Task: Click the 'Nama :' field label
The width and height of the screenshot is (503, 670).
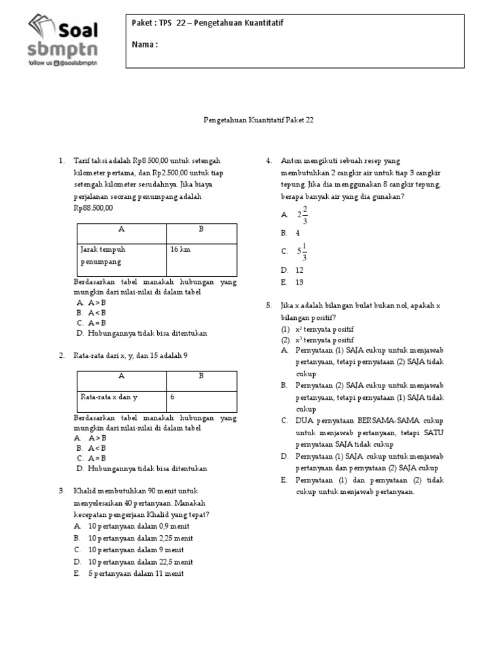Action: pos(145,44)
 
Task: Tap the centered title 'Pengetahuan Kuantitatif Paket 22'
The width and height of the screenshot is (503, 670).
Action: pos(251,120)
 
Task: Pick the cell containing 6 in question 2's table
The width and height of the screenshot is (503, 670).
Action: pos(173,397)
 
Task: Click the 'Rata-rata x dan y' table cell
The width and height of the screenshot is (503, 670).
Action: pos(109,397)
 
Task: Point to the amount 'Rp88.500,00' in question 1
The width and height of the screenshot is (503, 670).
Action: pos(94,208)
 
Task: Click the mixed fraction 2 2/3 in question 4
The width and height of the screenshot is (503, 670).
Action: pos(302,215)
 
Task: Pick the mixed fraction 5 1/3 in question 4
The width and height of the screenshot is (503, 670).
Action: pos(302,251)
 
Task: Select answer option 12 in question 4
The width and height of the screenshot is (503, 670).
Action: pos(299,270)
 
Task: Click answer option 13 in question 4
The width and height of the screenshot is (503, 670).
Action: pos(299,282)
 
